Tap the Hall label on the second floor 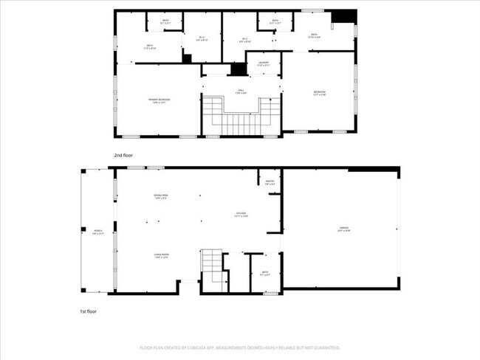pos(240,91)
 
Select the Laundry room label pos(263,64)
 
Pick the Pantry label pos(270,181)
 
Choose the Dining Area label pos(160,196)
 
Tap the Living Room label pos(161,256)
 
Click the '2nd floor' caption pos(123,156)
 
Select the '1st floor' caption pos(89,312)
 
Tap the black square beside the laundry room pos(238,69)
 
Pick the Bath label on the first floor pos(265,274)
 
